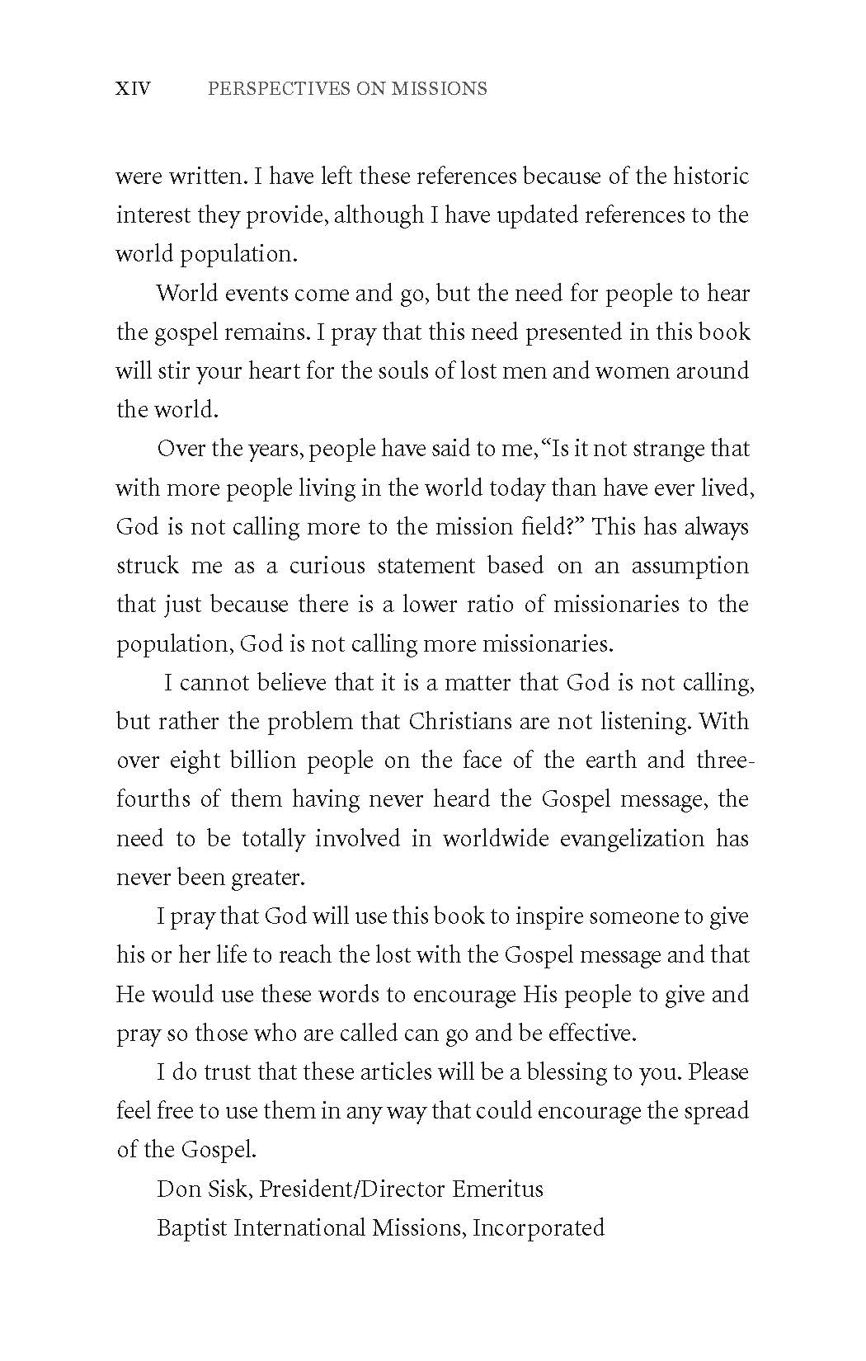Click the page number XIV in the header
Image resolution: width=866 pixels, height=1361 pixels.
pos(134,88)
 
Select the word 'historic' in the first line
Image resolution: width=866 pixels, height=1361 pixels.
pos(711,176)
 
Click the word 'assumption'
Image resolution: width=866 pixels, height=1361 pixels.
pos(690,566)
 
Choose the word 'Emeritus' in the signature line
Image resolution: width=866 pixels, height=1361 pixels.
pos(497,1189)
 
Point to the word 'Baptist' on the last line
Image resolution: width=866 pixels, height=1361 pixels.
pos(192,1227)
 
